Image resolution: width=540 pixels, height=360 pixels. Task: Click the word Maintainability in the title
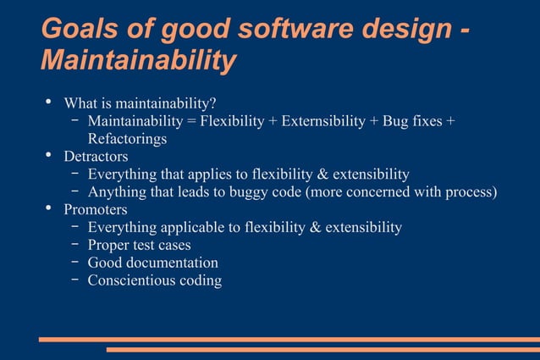(x=138, y=61)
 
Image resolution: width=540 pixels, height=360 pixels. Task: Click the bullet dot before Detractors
(x=49, y=156)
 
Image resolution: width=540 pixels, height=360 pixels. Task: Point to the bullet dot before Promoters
(x=49, y=208)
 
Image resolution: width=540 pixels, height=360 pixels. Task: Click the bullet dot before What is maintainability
(x=49, y=103)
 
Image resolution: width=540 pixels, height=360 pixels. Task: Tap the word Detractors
(x=96, y=157)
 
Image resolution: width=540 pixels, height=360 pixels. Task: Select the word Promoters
(x=96, y=209)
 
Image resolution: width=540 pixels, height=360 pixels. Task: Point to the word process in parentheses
(x=467, y=191)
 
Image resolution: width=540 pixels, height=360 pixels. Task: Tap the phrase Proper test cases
(x=139, y=245)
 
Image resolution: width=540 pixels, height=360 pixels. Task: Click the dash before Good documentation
(x=75, y=263)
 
